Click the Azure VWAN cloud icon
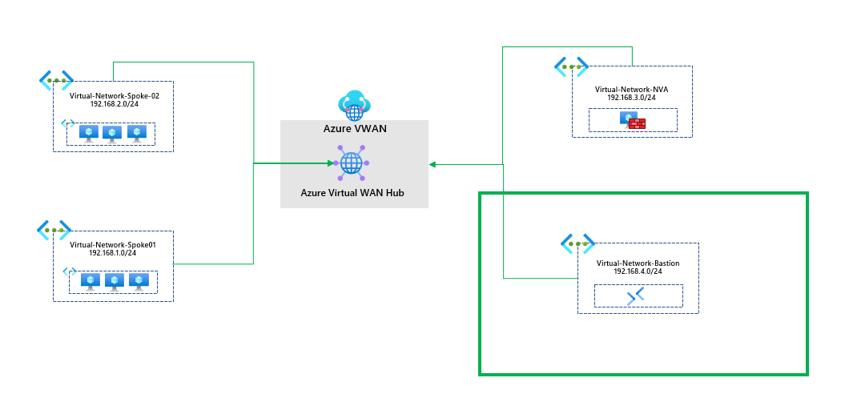(x=354, y=106)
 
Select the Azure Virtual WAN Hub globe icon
(x=352, y=163)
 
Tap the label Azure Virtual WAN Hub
(x=352, y=193)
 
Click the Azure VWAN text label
(x=354, y=129)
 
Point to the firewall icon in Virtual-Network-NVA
(x=634, y=120)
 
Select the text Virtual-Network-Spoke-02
(x=115, y=96)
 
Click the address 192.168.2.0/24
(x=115, y=103)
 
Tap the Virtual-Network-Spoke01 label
(x=113, y=244)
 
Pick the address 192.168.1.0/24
(x=113, y=252)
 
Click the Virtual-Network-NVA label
(x=631, y=90)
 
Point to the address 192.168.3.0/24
(x=631, y=98)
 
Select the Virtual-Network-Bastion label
(x=638, y=263)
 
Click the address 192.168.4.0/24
(x=638, y=271)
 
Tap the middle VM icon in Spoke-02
(x=112, y=134)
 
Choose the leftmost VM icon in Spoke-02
(x=89, y=134)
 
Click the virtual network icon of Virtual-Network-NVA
(x=571, y=66)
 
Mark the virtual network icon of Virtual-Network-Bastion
(x=577, y=243)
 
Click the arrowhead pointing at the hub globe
(x=330, y=163)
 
